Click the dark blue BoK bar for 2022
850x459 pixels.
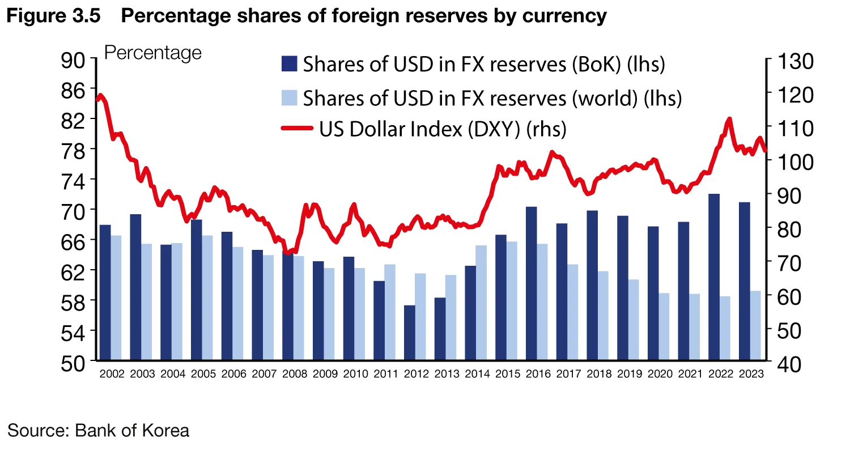click(x=715, y=277)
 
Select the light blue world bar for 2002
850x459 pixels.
click(x=116, y=297)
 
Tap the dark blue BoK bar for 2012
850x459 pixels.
click(x=410, y=333)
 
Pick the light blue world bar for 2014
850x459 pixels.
click(x=481, y=303)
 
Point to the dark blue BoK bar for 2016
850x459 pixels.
click(x=532, y=283)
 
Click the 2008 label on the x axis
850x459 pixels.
click(x=295, y=374)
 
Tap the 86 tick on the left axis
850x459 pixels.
click(x=75, y=89)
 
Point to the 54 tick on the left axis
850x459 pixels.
click(x=75, y=331)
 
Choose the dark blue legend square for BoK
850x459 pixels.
click(x=289, y=63)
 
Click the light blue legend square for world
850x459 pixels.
click(x=289, y=97)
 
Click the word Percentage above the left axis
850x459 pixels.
click(x=153, y=53)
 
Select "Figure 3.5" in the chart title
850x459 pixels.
click(x=54, y=16)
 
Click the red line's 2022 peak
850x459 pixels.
click(x=729, y=120)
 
